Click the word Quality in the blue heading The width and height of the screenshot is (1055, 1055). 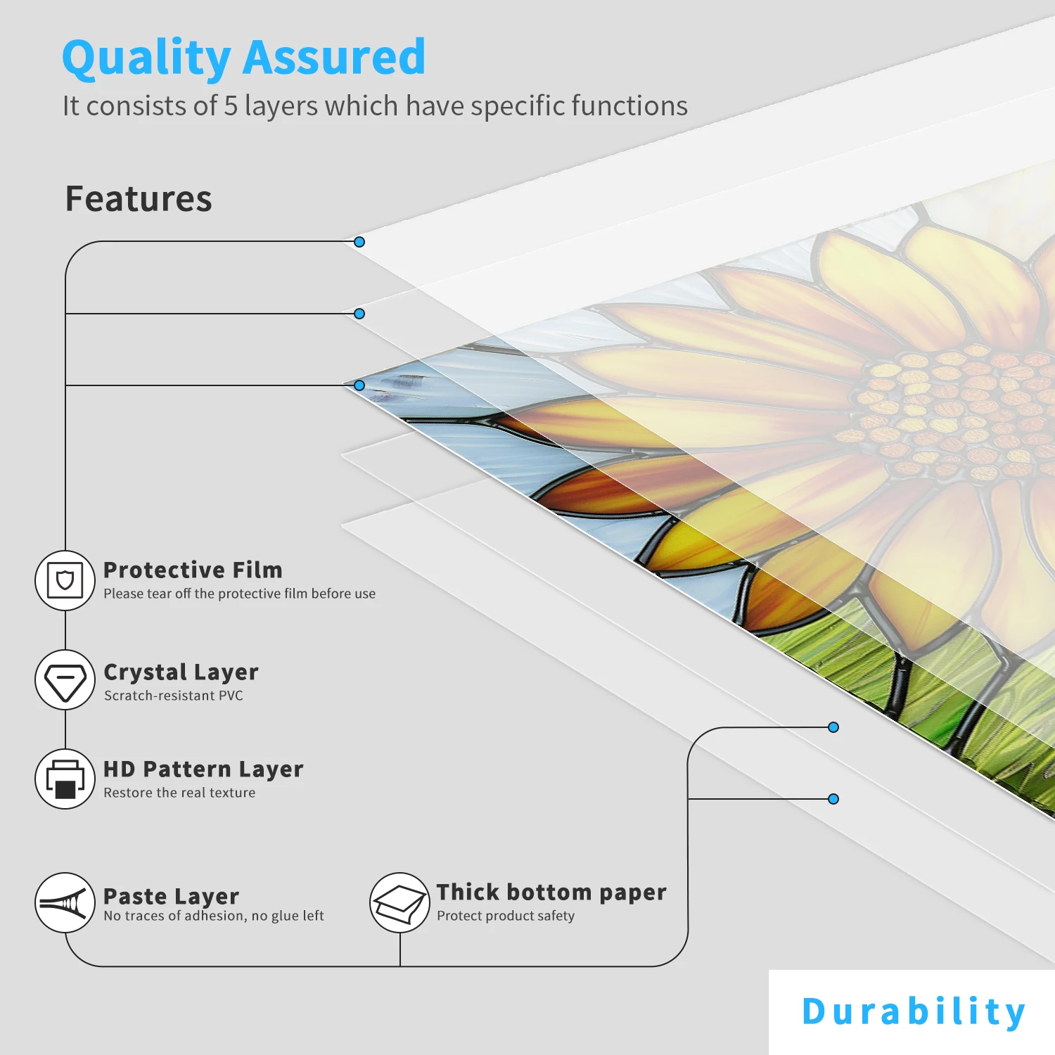pos(146,58)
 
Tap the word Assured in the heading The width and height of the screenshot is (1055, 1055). pos(334,58)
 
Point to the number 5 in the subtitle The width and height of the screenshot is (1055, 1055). pos(231,106)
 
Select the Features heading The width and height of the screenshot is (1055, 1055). pos(139,198)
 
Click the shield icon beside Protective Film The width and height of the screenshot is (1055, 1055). pos(65,581)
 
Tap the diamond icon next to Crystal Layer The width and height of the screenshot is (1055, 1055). pos(65,680)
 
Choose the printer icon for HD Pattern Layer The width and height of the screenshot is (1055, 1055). pos(65,779)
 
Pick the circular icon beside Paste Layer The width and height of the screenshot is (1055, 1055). pos(65,903)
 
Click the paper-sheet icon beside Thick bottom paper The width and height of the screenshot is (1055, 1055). pos(399,903)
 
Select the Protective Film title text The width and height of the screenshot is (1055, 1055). pos(193,570)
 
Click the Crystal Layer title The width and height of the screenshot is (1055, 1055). pos(181,672)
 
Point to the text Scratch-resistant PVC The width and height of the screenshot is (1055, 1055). pos(174,696)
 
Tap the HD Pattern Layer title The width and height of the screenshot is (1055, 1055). pos(203,769)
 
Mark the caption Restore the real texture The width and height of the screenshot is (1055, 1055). pos(179,793)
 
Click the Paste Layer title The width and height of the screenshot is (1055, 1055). pos(171,896)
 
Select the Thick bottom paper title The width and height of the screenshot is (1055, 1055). pos(551,892)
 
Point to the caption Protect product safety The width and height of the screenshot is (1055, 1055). pos(506,916)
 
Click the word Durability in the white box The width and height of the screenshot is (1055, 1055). pos(913,1011)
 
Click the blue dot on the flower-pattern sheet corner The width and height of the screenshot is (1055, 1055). pos(359,385)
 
